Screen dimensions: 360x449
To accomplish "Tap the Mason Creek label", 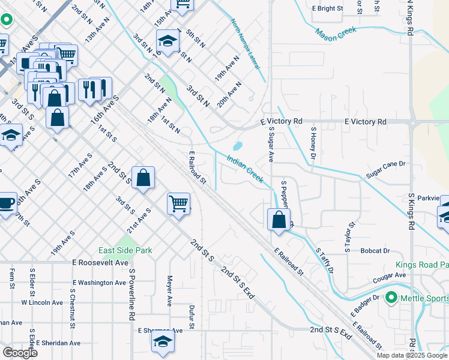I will click(336, 33).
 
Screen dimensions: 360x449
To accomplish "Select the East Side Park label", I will click(125, 250).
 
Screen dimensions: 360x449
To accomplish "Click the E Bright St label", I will click(327, 9).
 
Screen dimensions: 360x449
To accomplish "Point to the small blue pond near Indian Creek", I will click(237, 146).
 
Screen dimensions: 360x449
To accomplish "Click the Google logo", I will click(20, 353).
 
